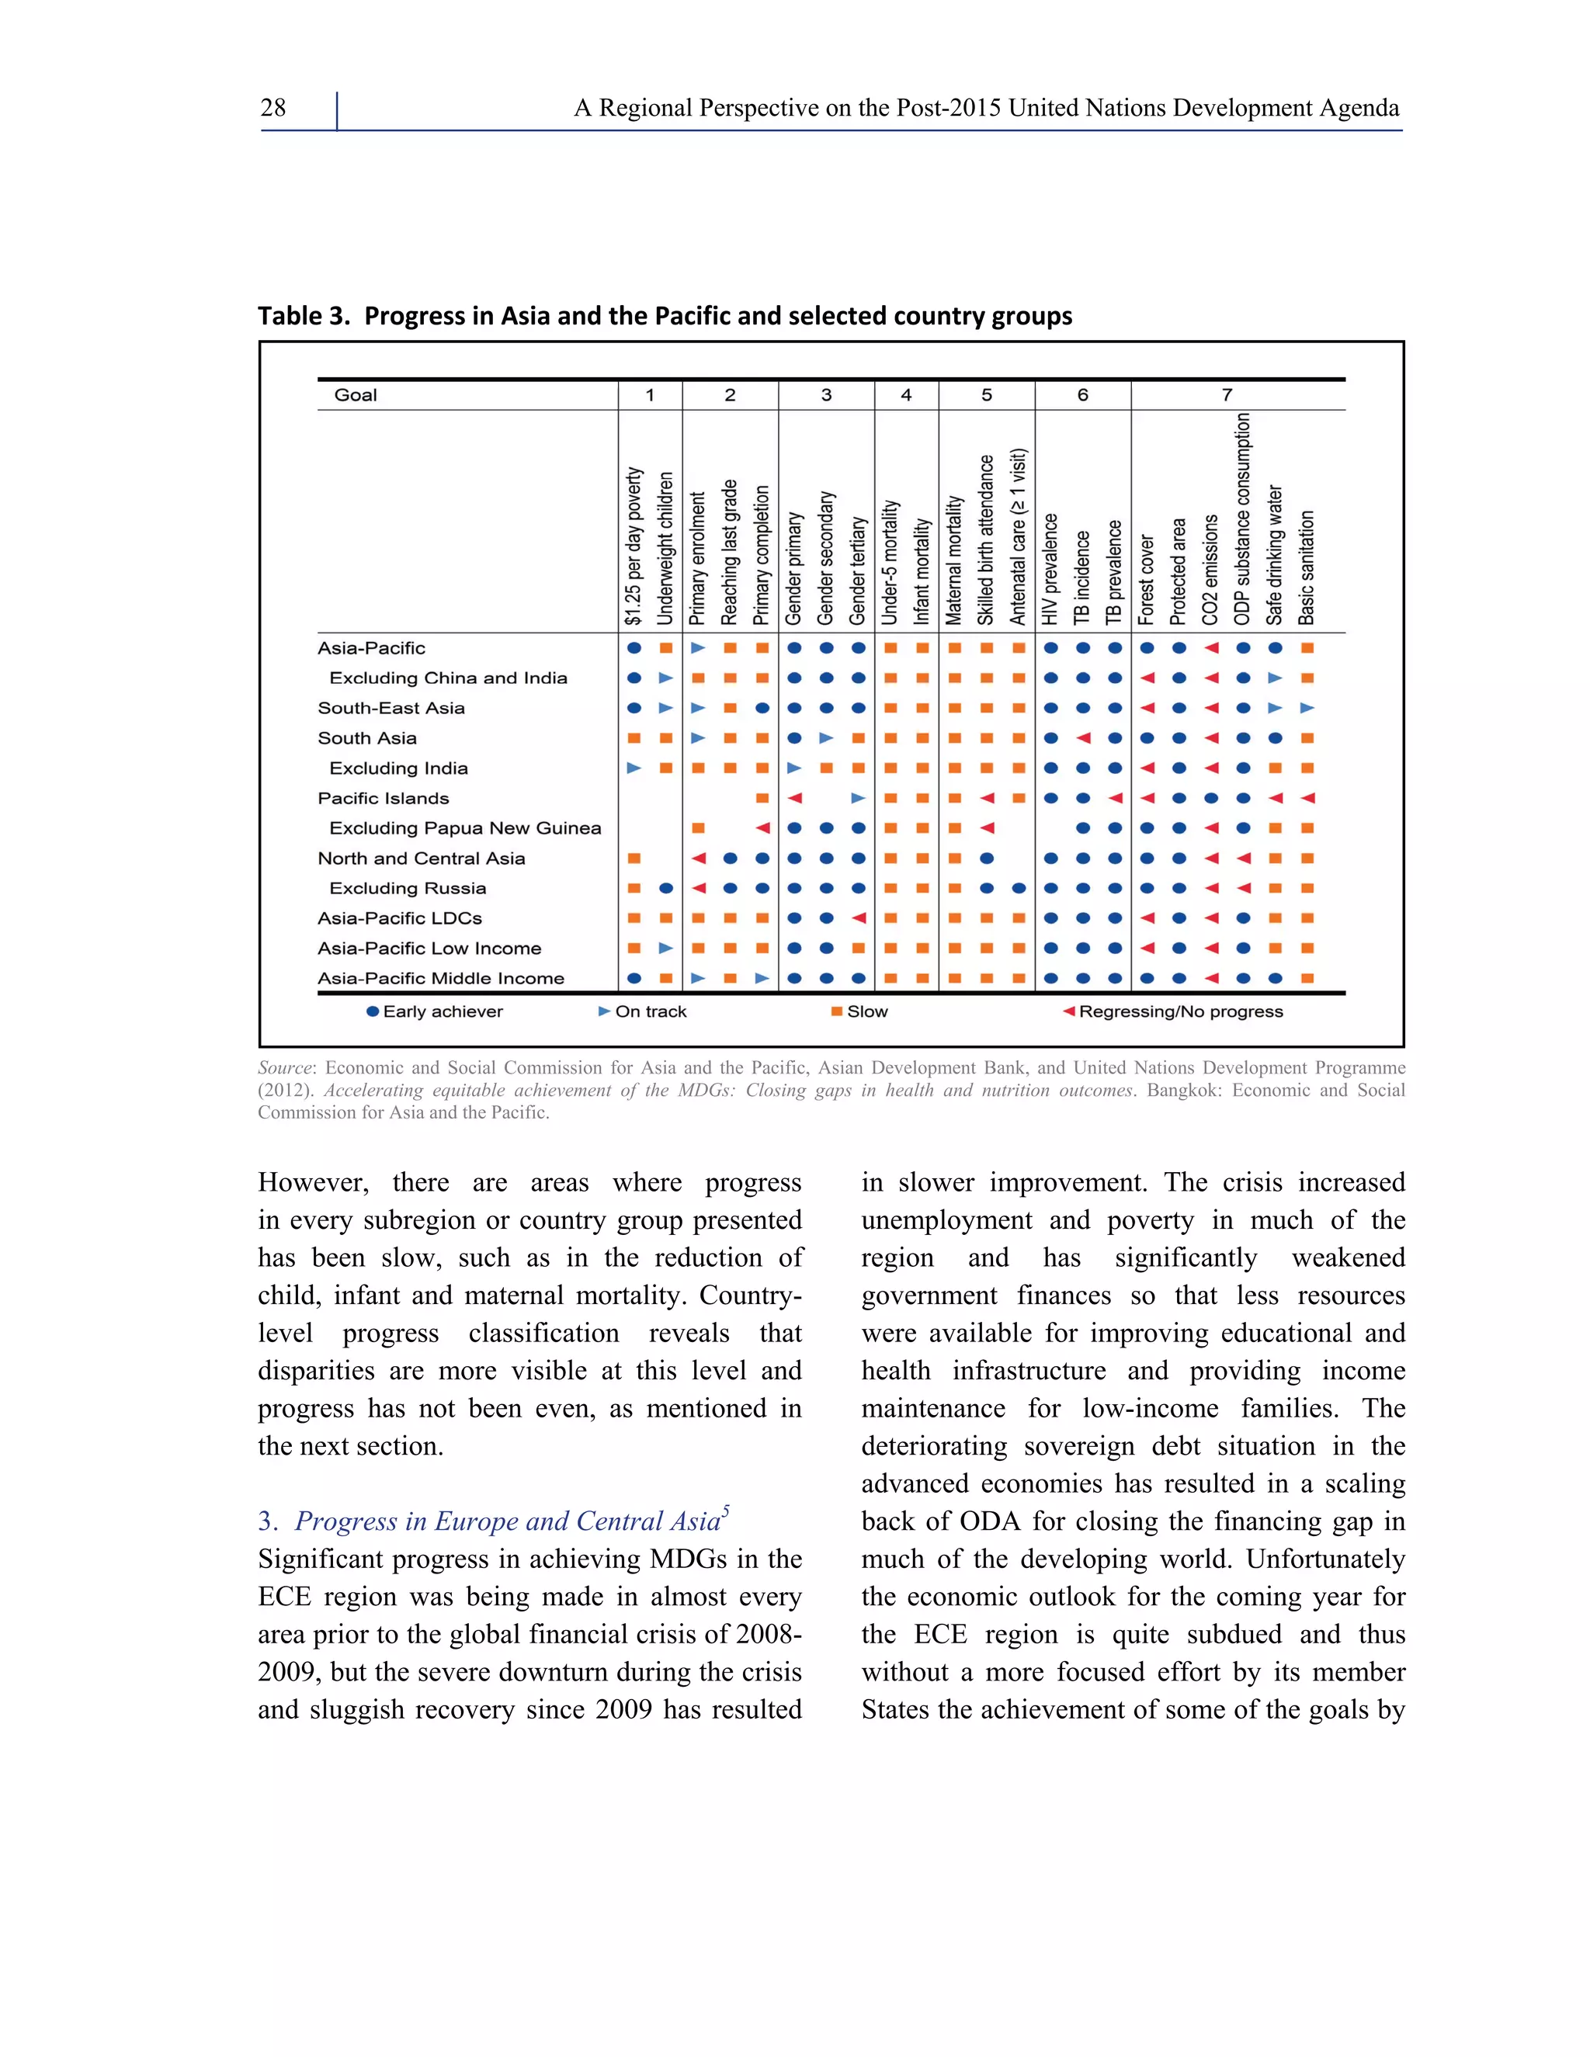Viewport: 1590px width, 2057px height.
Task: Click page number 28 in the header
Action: click(273, 109)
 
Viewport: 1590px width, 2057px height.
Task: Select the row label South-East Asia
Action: click(391, 708)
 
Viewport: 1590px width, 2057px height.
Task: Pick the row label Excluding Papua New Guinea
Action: click(464, 829)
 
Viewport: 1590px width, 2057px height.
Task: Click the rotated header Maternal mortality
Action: click(953, 560)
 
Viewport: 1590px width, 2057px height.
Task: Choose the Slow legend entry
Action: click(859, 1011)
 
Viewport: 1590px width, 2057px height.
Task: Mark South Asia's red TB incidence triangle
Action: click(1083, 738)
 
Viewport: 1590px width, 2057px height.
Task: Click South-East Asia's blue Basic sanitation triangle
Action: click(1307, 708)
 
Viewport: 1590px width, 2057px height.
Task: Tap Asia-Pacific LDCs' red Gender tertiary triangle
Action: click(858, 918)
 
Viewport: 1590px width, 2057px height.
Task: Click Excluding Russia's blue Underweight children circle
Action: click(666, 888)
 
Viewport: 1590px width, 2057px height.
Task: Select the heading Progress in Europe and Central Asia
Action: click(507, 1521)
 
